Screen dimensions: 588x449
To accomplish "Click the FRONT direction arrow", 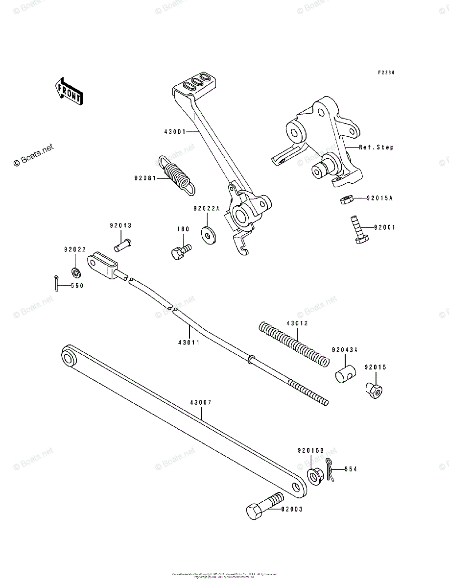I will (x=69, y=91).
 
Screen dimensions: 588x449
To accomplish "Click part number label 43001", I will (x=175, y=132).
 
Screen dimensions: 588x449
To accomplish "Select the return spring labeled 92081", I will (x=176, y=175).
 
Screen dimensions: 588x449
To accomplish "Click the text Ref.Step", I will (x=376, y=147).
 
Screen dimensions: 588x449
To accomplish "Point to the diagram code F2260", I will (x=386, y=73).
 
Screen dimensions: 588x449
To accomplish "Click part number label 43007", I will (x=201, y=402).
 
